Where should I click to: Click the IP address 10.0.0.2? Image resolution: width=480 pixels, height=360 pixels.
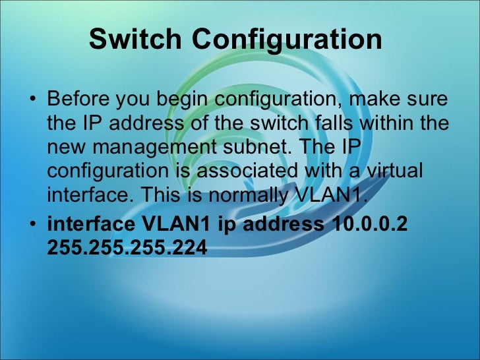coord(366,224)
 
